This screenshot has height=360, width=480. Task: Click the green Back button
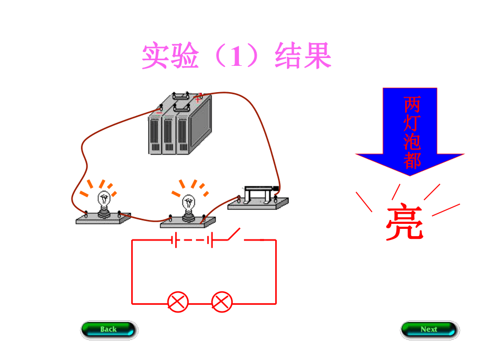tap(109, 330)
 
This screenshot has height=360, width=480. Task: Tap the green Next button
tap(430, 330)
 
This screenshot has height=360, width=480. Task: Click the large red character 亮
tap(405, 221)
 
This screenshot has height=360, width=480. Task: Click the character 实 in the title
tap(156, 56)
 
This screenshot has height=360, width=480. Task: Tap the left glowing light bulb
tap(104, 204)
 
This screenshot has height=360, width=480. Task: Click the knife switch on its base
tap(258, 198)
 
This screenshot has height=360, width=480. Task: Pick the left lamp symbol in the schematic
tap(178, 302)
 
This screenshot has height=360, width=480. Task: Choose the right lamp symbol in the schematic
tap(222, 302)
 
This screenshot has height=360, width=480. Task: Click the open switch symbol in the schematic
tap(234, 234)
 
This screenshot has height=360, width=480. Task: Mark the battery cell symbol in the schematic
tap(192, 240)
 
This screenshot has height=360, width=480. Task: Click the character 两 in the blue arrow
tap(412, 105)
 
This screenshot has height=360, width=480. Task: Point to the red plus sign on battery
tap(198, 99)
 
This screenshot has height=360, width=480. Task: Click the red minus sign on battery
tap(159, 113)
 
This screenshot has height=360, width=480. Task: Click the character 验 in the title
tap(185, 56)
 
